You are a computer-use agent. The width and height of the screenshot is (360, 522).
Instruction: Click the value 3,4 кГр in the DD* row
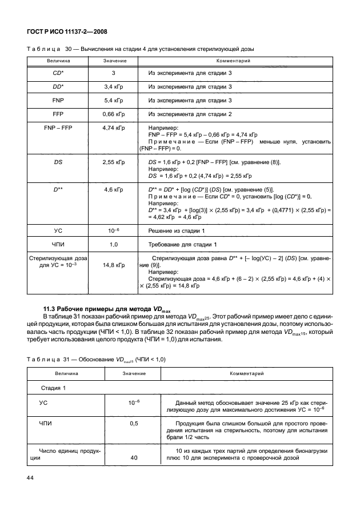tap(114, 87)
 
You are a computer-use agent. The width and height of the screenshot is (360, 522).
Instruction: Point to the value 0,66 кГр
tap(114, 114)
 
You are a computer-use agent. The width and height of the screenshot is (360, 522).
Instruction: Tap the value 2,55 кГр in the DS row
tap(114, 162)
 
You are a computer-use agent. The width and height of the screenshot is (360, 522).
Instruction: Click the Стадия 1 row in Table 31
tap(53, 388)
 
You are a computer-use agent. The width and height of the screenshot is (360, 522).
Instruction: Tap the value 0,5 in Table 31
tap(134, 423)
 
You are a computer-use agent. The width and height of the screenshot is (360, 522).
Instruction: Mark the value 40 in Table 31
tap(134, 457)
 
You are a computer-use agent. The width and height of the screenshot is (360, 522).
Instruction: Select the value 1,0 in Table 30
tap(114, 245)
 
